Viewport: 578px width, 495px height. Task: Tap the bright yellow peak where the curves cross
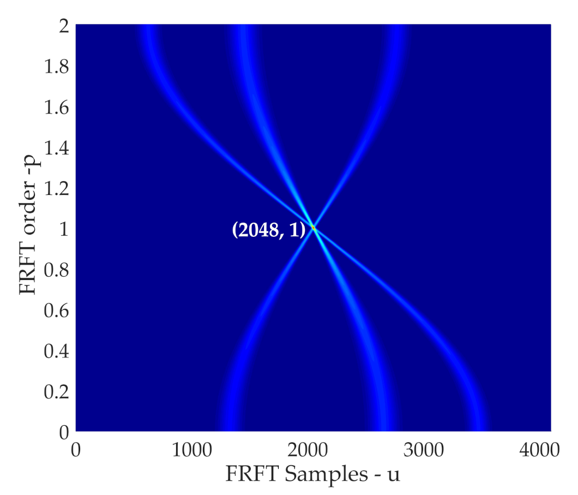tap(313, 227)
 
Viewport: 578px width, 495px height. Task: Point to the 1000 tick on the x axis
tap(194, 450)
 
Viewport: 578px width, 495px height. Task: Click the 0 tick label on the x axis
tap(76, 450)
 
